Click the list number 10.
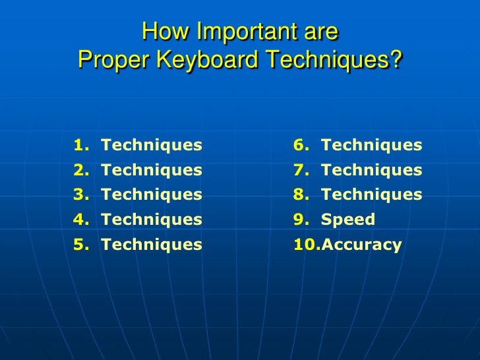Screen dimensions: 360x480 305,245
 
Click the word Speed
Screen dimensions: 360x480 347,220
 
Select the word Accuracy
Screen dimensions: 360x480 361,245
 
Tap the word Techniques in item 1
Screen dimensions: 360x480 152,145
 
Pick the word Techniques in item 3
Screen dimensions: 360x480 152,195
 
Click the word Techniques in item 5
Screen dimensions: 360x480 152,245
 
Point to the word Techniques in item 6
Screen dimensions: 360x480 371,145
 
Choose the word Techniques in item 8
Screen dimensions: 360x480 371,195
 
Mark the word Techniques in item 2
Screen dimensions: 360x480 152,170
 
